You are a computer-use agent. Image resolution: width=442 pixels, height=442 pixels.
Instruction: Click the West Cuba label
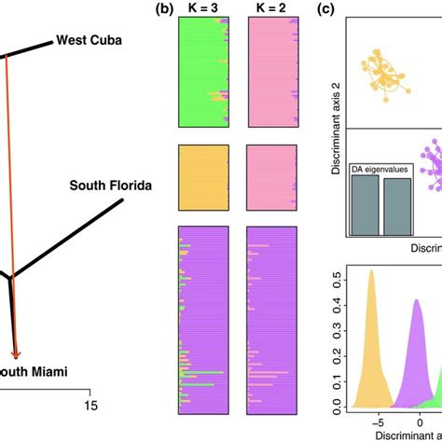[94, 40]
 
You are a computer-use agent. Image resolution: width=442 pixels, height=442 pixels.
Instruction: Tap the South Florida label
[110, 185]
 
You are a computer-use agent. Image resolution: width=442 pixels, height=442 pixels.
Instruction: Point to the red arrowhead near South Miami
[16, 353]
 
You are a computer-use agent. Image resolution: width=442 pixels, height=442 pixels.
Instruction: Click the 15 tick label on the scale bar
[90, 406]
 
